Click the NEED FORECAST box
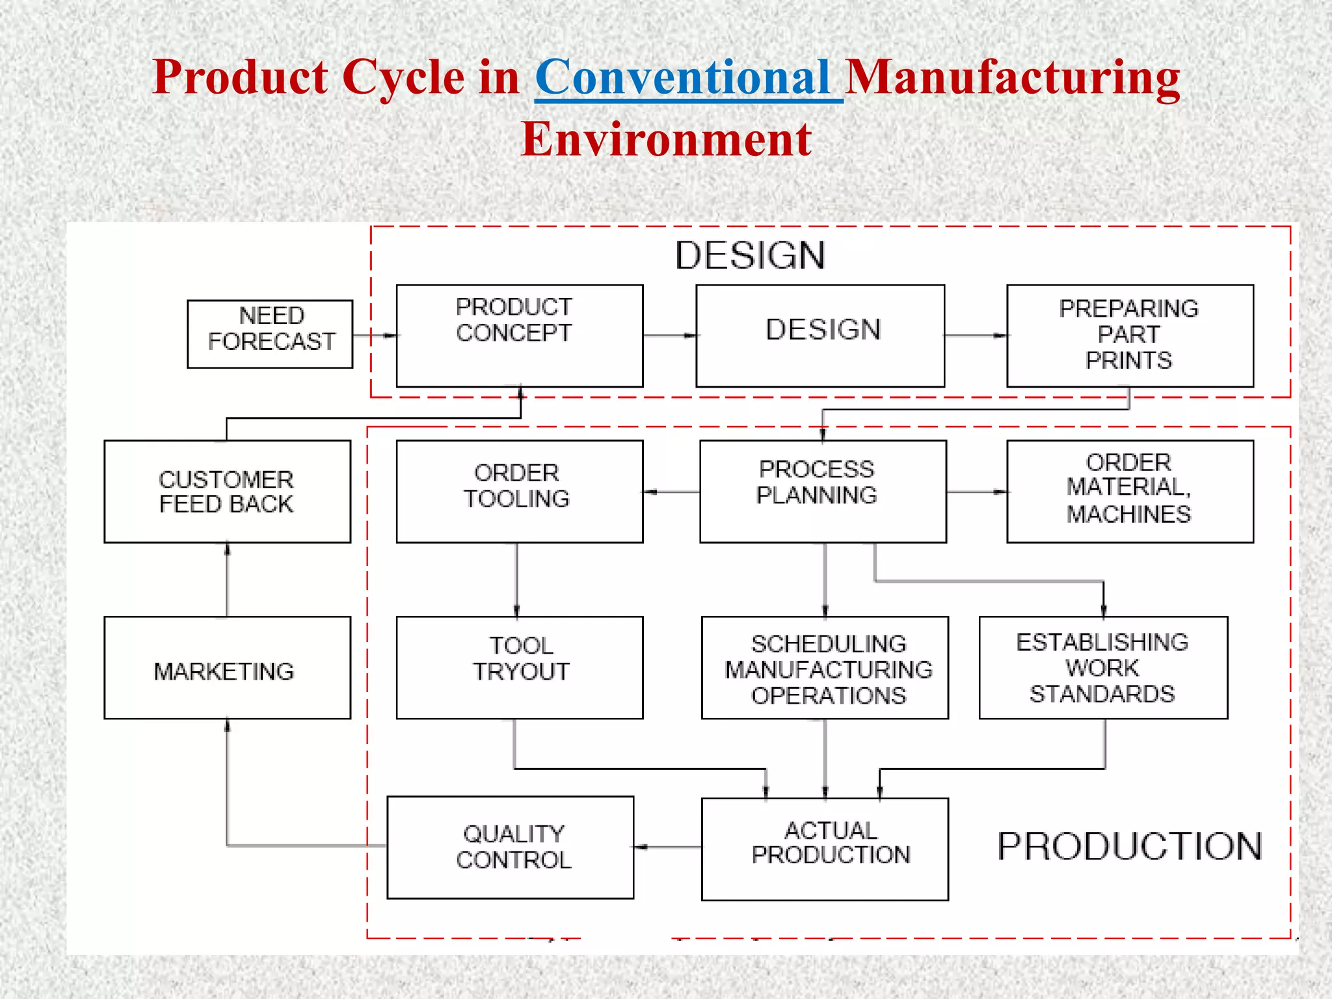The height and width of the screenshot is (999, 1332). point(270,334)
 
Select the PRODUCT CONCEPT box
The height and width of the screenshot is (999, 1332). point(520,336)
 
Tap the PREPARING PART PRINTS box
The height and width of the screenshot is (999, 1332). point(1130,336)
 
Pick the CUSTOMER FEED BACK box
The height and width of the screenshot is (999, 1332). point(227,492)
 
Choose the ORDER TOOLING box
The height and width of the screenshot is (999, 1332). point(520,492)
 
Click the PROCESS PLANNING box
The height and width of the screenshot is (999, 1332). point(823,492)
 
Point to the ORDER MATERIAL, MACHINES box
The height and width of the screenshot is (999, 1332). point(1130,492)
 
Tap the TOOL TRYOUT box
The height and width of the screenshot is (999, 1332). point(520,668)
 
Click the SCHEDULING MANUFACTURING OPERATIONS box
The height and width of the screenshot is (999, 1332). point(825,668)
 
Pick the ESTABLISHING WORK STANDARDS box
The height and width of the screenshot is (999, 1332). point(1103,668)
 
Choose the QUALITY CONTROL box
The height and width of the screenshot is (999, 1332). point(511,847)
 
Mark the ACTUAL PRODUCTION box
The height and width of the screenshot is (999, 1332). point(825,849)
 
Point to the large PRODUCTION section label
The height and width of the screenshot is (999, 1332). point(1130,846)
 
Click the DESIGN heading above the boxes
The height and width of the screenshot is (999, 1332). point(750,255)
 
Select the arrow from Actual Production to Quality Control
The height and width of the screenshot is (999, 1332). point(668,847)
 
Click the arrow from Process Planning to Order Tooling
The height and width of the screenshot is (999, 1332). point(671,492)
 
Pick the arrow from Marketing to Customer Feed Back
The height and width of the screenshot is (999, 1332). point(227,579)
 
